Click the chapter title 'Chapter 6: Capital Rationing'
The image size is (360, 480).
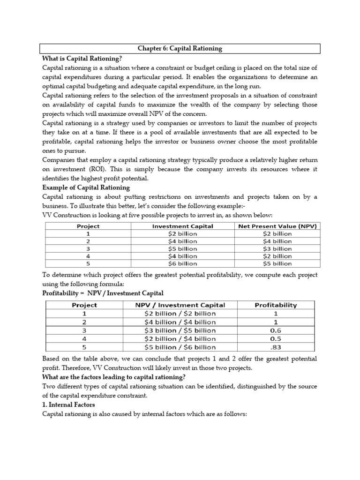(x=180, y=48)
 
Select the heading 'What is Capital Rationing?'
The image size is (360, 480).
(x=82, y=59)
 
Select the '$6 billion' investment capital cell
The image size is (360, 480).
(x=183, y=263)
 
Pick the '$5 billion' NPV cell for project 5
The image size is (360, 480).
(x=276, y=263)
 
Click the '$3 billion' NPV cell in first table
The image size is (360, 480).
(x=276, y=248)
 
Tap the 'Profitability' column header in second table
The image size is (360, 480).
(x=276, y=305)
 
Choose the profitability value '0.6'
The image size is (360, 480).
(x=276, y=330)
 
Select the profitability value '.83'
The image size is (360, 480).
(x=276, y=347)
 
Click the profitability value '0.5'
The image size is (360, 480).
(x=276, y=339)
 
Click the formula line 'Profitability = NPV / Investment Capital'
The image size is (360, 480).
(x=103, y=293)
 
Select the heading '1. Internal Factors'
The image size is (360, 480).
(x=68, y=405)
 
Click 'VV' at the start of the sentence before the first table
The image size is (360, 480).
(x=47, y=215)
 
